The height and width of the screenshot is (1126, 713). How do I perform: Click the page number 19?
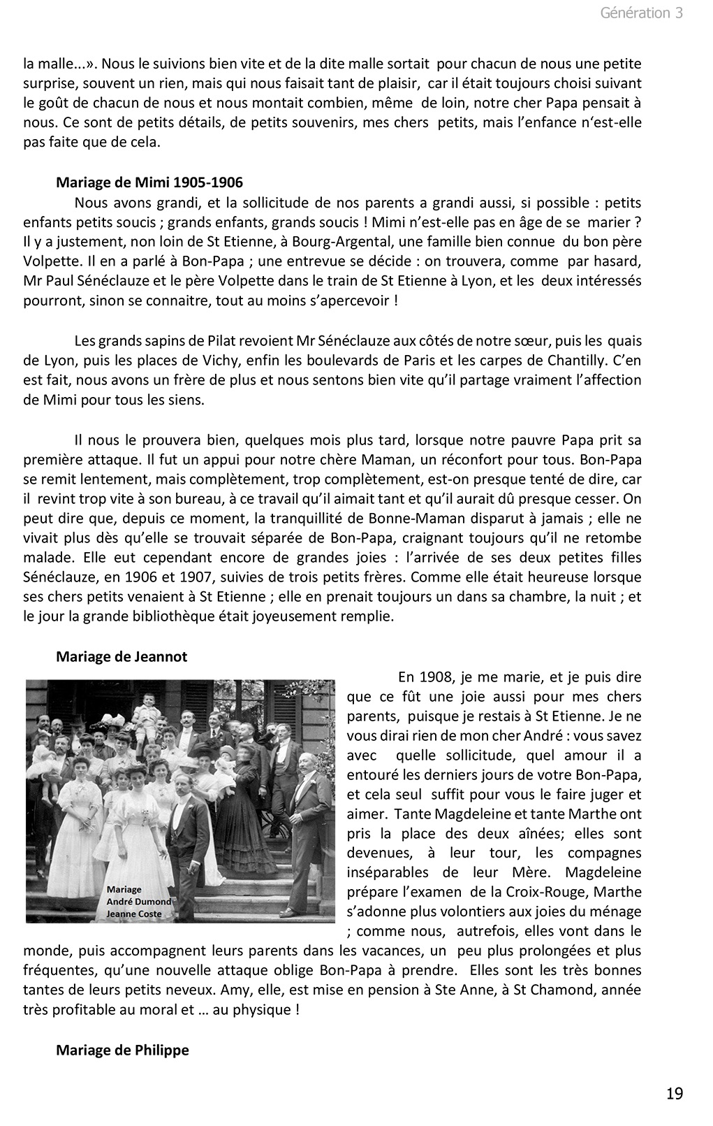click(x=675, y=1093)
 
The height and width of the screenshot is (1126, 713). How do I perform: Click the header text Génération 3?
click(x=641, y=13)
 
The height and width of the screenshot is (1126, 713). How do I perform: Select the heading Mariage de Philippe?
click(x=122, y=1050)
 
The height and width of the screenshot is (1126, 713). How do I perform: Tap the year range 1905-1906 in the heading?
click(x=208, y=183)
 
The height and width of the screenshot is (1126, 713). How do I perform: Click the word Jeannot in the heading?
click(x=164, y=657)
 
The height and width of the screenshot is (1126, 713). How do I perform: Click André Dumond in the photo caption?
click(x=139, y=901)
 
